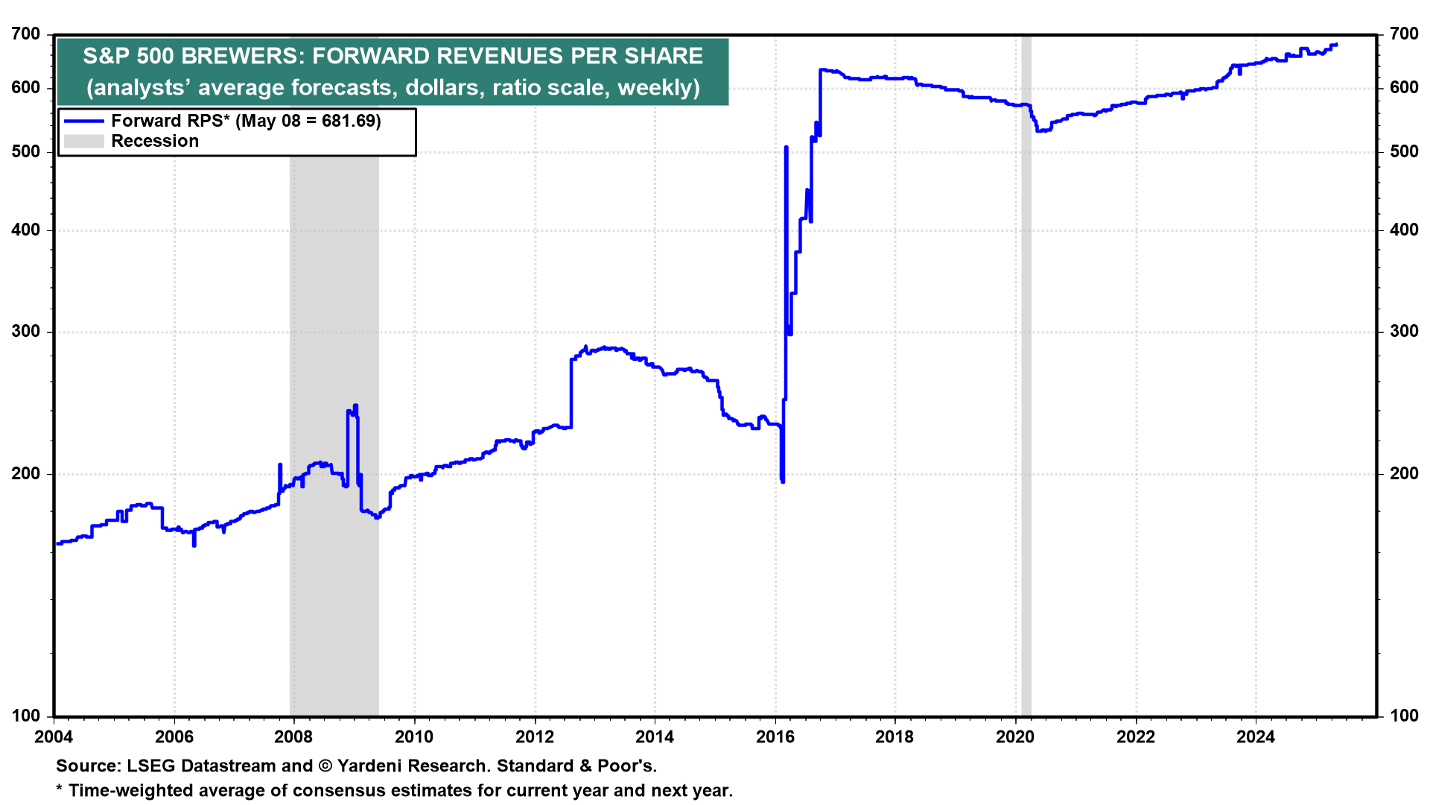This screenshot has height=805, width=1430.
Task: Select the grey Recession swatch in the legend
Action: tap(83, 141)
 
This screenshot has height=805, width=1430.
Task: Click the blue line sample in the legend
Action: tap(83, 121)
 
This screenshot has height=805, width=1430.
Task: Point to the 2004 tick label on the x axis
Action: tap(54, 737)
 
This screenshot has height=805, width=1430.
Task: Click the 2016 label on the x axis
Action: tap(775, 737)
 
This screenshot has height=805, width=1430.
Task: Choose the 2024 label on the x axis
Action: tap(1256, 737)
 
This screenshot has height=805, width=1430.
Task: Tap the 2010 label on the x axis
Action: tap(414, 737)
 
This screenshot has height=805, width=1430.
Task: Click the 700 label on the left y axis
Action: tap(26, 34)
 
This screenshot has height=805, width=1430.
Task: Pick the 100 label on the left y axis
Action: tap(26, 716)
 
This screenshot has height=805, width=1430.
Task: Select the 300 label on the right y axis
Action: tap(1404, 332)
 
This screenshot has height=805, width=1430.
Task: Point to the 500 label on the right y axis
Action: tap(1404, 151)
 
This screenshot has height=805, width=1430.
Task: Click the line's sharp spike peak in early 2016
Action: tap(786, 148)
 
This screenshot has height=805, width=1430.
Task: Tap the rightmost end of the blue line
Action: tap(1337, 45)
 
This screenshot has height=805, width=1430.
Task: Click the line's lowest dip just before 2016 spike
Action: tap(782, 481)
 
